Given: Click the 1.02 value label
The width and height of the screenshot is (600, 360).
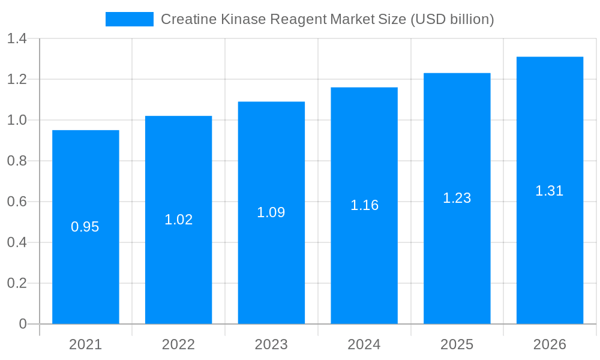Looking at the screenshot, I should point(179,220).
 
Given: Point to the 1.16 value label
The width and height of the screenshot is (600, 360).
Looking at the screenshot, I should point(364,205).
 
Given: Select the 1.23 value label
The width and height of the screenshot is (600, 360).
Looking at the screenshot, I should point(457,198).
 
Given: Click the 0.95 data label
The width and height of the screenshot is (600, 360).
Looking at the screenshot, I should point(85,227).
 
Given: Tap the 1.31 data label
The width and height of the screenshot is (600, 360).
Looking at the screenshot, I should point(550,191).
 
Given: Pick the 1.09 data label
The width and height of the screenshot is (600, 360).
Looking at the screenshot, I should point(271,212).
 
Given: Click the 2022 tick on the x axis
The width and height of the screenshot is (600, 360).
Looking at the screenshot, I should point(179,344).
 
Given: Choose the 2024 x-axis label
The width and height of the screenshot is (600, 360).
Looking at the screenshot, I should point(364,344).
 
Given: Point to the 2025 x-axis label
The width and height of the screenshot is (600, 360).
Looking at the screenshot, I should point(457,344).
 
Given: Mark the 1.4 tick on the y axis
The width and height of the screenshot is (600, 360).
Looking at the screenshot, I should point(17,39).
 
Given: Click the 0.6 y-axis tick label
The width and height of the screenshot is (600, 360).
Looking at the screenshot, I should point(17,202).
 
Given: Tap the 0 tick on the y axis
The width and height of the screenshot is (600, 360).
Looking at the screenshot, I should point(23,324).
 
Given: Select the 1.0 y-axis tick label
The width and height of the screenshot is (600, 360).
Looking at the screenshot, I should point(17,120).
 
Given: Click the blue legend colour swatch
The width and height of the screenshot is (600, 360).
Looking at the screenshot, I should point(129,19).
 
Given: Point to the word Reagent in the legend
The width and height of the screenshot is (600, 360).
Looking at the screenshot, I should point(298,19).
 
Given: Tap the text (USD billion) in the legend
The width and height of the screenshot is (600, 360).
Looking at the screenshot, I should point(452,19).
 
